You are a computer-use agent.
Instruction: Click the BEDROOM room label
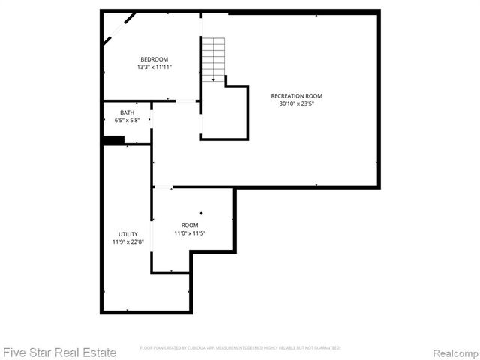pos(154,59)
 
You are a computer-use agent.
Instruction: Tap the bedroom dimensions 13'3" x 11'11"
pos(154,67)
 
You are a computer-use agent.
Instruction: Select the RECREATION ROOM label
pos(301,95)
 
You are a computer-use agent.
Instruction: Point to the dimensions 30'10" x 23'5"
pos(301,103)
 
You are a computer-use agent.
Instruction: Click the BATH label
pos(127,112)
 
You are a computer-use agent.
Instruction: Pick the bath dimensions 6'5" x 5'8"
pos(127,120)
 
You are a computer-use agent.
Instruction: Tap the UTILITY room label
pos(128,234)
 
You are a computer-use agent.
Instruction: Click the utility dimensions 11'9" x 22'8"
pos(128,241)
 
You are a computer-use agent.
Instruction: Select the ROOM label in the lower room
pos(190,225)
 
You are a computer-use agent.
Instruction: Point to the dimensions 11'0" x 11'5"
pos(190,233)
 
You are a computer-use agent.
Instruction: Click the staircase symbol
pos(213,58)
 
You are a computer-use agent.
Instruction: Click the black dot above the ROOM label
pos(201,213)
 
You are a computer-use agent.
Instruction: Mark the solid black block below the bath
pos(113,140)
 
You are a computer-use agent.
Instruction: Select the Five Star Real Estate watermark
pos(59,352)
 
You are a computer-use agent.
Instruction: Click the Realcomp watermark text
pos(453,352)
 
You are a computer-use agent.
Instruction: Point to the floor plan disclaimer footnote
pos(240,348)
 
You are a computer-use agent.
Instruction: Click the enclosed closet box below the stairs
pos(224,112)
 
